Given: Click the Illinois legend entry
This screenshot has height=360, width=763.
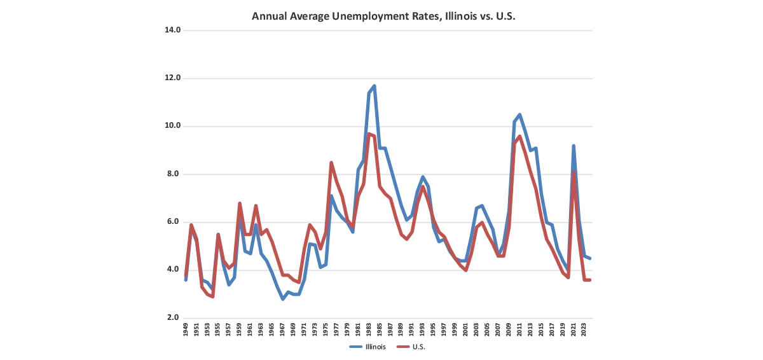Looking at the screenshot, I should [x=368, y=347].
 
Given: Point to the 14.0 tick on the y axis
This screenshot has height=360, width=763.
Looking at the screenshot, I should [x=172, y=30].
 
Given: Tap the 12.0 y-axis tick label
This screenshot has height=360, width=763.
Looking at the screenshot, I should [x=172, y=78].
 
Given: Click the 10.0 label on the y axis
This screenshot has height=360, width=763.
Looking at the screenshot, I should [x=172, y=126].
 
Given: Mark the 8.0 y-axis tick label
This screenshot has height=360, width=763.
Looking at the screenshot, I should [x=174, y=174].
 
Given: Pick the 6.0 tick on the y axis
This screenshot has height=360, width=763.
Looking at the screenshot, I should [x=174, y=222].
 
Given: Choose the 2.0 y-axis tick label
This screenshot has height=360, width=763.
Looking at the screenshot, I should [x=174, y=318].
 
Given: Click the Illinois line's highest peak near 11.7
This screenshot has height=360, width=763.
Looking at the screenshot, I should [x=374, y=86].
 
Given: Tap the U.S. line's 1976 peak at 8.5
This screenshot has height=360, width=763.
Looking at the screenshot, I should [x=331, y=163].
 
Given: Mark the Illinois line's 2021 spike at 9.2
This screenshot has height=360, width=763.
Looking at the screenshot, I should [x=574, y=146].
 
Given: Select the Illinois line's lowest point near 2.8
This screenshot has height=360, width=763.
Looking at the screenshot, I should [x=283, y=299].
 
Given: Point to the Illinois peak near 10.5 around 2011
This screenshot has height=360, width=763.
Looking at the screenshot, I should [x=519, y=114].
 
